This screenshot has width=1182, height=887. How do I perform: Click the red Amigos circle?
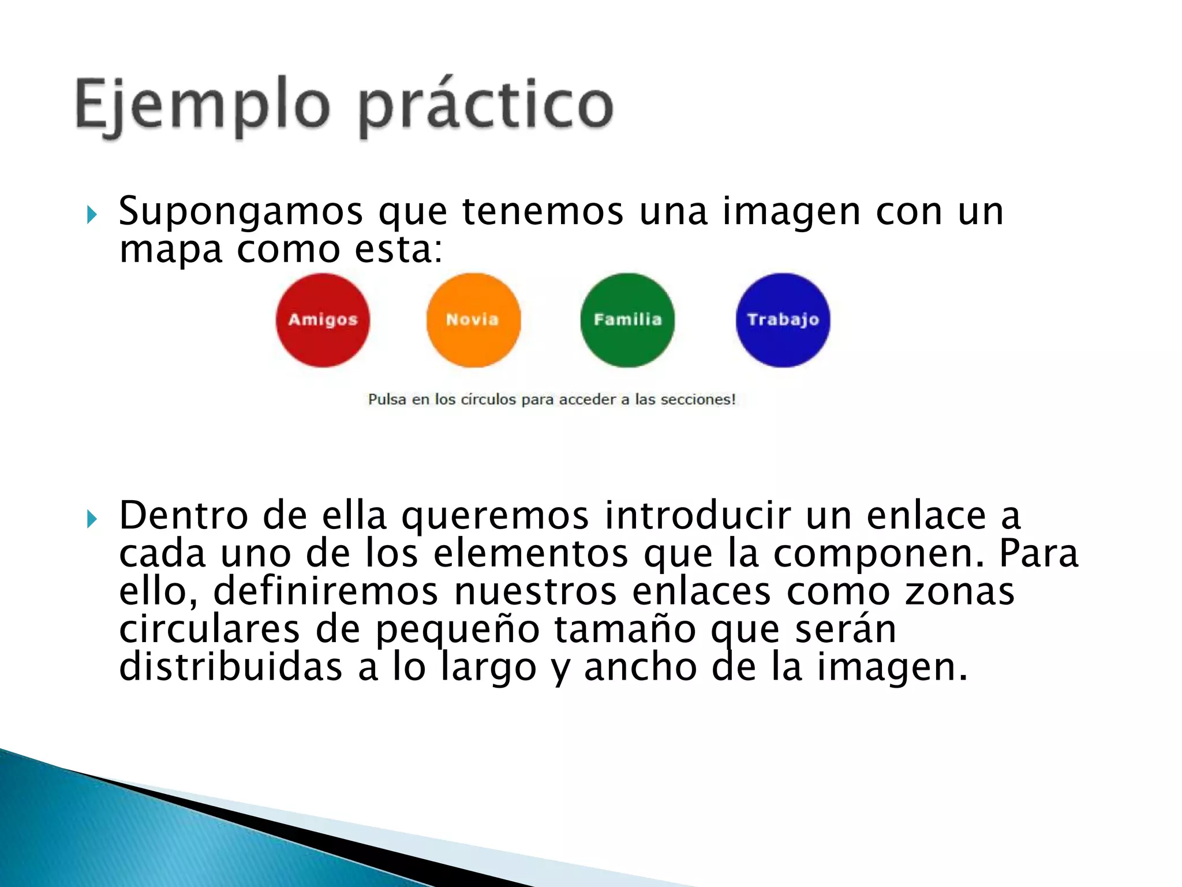coord(323,320)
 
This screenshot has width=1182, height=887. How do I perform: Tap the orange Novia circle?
coord(473,320)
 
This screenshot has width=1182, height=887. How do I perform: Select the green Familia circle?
coord(627,320)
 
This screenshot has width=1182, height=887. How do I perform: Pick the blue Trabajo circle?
coord(783,320)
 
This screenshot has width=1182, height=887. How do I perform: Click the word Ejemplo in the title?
coord(202,107)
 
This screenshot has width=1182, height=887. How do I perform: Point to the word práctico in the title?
coord(485,107)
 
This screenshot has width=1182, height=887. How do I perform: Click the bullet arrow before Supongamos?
coord(92,215)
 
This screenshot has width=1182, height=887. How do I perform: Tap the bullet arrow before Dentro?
coord(92,519)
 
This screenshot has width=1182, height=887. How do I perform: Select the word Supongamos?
coord(240,212)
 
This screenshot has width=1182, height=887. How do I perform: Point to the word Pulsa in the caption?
coord(387,400)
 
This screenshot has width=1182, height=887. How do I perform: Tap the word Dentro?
coord(184,515)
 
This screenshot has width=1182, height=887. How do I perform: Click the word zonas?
coord(959,592)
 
